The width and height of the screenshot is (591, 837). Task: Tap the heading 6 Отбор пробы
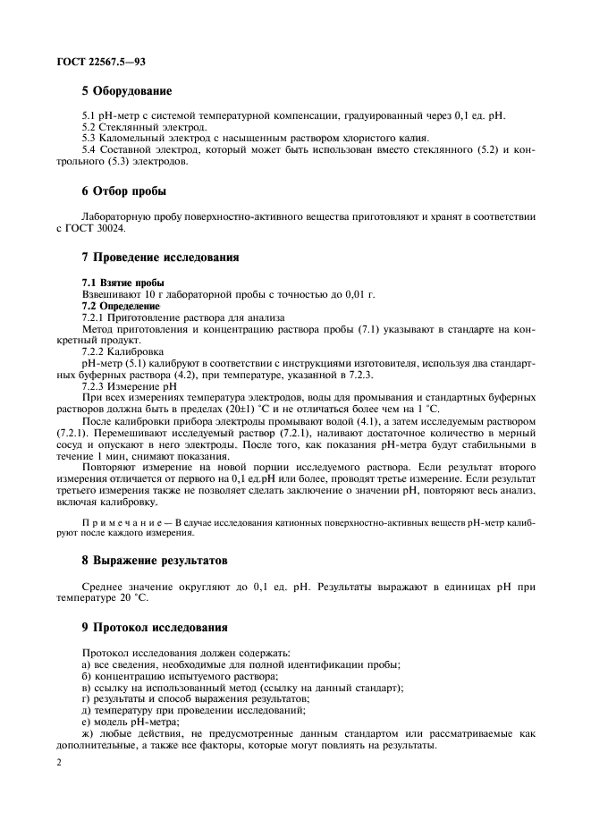coord(123,190)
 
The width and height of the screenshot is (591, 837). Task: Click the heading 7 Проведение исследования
coord(160,258)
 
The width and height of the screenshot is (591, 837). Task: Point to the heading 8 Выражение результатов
coord(156,561)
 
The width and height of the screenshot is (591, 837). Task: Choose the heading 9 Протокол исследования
coord(155,627)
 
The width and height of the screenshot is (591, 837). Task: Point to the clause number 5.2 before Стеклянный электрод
coord(91,127)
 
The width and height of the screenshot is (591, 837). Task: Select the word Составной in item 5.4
coord(131,150)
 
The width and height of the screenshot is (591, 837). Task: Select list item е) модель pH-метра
coord(131,722)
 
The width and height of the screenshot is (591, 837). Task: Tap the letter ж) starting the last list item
coord(89,733)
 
